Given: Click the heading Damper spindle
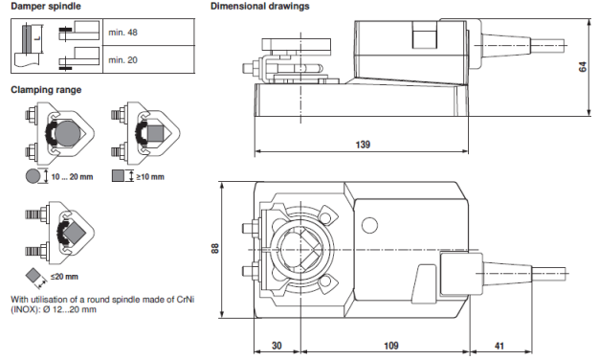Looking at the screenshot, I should click(44, 7).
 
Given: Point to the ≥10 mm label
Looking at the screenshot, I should click(149, 176).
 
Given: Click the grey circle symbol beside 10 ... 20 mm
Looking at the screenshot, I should click(33, 176).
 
